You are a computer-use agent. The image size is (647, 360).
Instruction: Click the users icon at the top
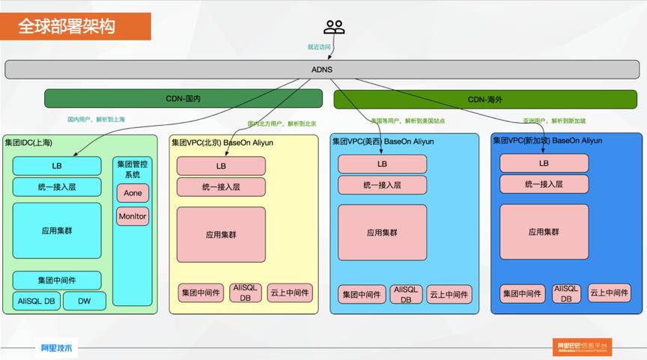pos(334,27)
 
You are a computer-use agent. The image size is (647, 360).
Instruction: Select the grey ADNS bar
pos(323,70)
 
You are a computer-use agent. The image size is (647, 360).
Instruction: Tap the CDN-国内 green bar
pos(183,99)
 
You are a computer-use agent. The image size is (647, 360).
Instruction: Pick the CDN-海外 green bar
pos(487,99)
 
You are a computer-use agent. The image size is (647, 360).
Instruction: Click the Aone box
pos(133,193)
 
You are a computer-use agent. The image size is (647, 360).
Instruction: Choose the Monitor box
pos(133,217)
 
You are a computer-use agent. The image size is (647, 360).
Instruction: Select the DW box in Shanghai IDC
pos(84,301)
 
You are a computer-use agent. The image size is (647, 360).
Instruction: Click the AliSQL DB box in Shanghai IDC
pos(36,301)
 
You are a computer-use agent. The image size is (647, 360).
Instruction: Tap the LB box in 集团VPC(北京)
pos(221,166)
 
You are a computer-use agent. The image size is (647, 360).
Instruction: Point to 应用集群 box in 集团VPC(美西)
pos(382,233)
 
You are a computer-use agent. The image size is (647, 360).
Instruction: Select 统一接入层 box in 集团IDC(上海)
pos(57,187)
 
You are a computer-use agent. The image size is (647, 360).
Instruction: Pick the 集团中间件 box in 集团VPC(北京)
pos(198,293)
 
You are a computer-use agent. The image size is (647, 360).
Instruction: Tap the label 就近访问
pos(318,47)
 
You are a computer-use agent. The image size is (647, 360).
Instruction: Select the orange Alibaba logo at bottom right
pos(583,347)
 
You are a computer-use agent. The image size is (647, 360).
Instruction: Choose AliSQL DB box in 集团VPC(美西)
pos(406,293)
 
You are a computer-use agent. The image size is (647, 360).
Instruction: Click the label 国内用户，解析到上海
pos(96,119)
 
